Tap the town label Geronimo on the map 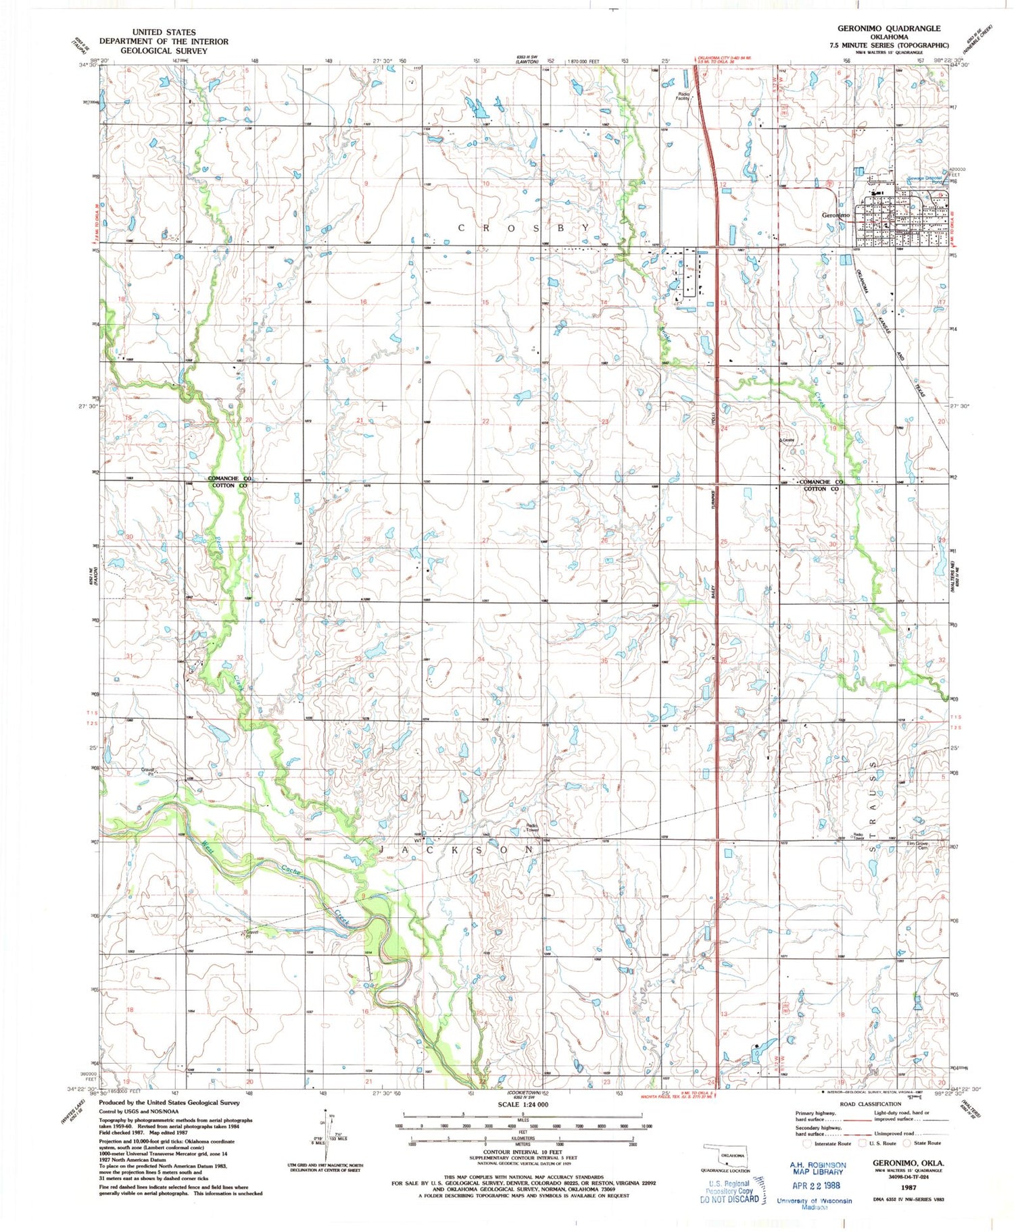pyautogui.click(x=836, y=215)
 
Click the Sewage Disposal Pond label pyautogui.click(x=925, y=180)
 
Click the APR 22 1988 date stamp pyautogui.click(x=817, y=1185)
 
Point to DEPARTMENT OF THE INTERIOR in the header pyautogui.click(x=164, y=41)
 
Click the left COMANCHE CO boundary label pyautogui.click(x=229, y=478)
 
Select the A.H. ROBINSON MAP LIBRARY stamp pyautogui.click(x=817, y=1169)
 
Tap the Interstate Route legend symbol pyautogui.click(x=806, y=1144)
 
